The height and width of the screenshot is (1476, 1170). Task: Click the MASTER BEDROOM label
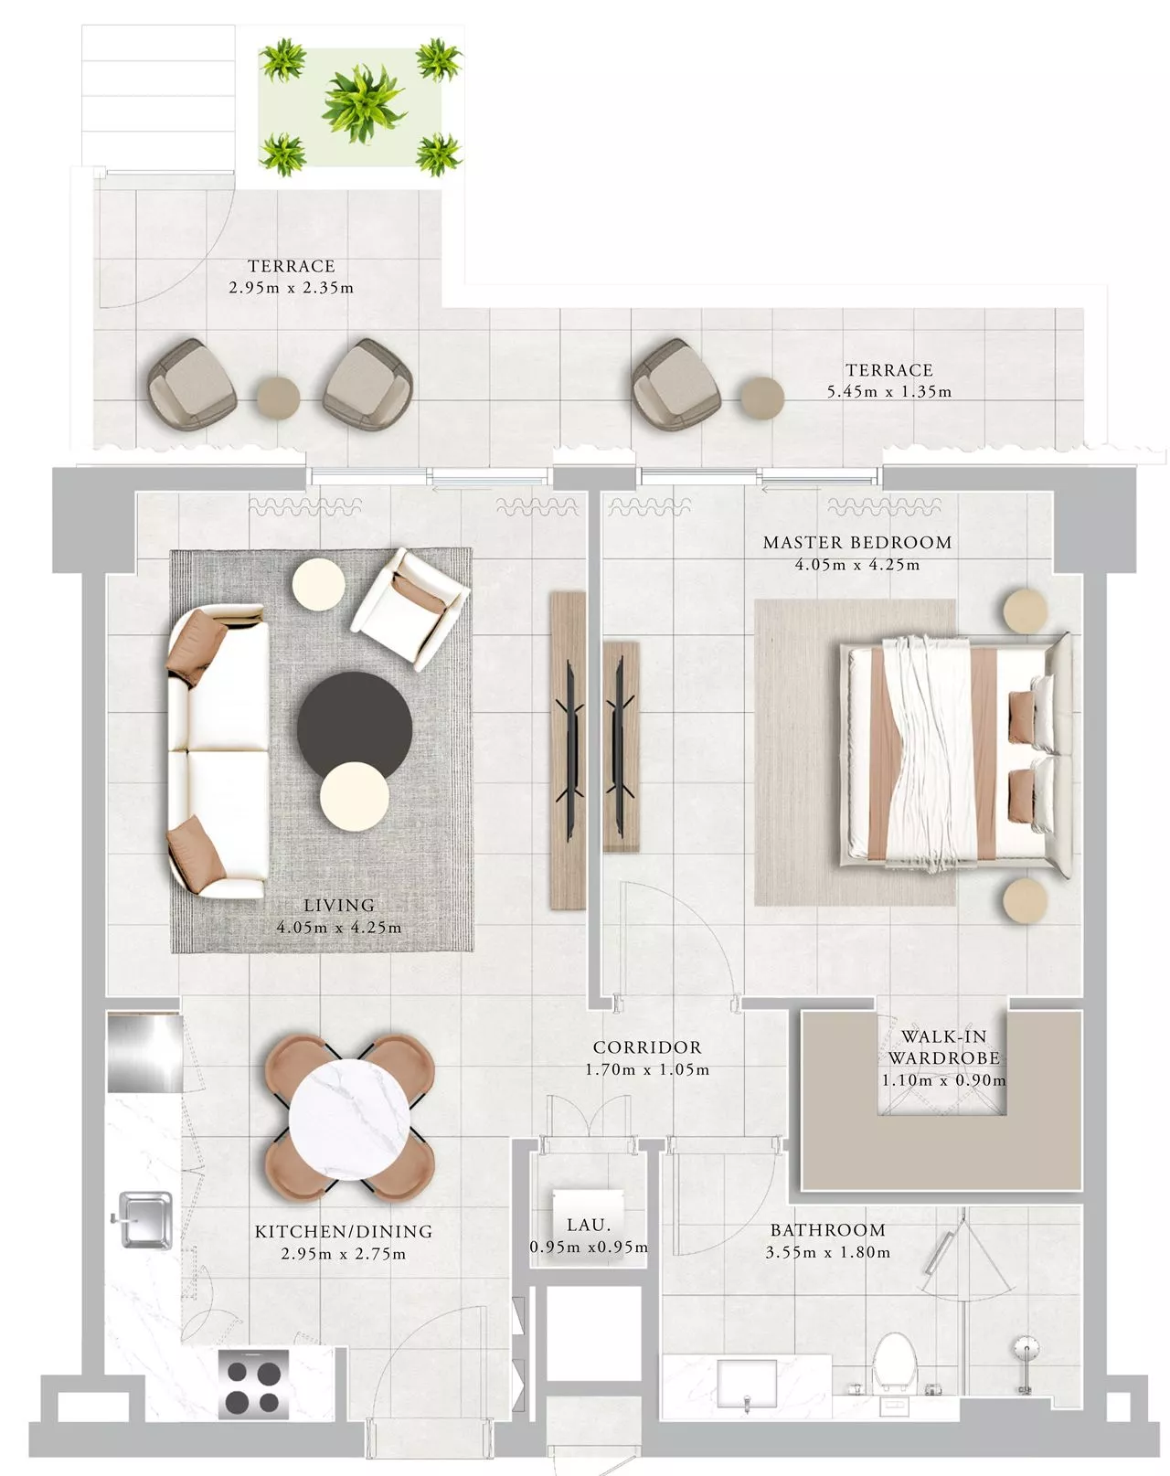pyautogui.click(x=857, y=543)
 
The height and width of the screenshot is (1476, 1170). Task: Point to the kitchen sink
pyautogui.click(x=144, y=1220)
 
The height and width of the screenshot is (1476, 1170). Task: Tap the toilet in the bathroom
pyautogui.click(x=895, y=1363)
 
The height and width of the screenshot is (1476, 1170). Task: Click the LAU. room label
pyautogui.click(x=589, y=1225)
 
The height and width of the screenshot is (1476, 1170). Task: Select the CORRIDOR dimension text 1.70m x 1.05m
pyautogui.click(x=647, y=1069)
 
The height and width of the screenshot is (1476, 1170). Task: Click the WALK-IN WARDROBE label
pyautogui.click(x=943, y=1046)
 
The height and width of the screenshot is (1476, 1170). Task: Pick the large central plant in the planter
pyautogui.click(x=362, y=103)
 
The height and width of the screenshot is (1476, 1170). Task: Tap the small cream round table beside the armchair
pyautogui.click(x=318, y=584)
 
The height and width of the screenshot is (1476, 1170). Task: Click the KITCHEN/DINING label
pyautogui.click(x=344, y=1231)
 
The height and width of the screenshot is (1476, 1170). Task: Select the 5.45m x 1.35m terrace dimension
pyautogui.click(x=889, y=392)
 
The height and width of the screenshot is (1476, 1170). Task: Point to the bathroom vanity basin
pyautogui.click(x=747, y=1386)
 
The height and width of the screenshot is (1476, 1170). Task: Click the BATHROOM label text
pyautogui.click(x=827, y=1230)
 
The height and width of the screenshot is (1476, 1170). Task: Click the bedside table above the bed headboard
pyautogui.click(x=1026, y=610)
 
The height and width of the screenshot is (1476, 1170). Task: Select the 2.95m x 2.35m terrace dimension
pyautogui.click(x=291, y=287)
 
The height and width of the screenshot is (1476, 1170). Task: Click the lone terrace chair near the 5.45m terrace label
pyautogui.click(x=675, y=384)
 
